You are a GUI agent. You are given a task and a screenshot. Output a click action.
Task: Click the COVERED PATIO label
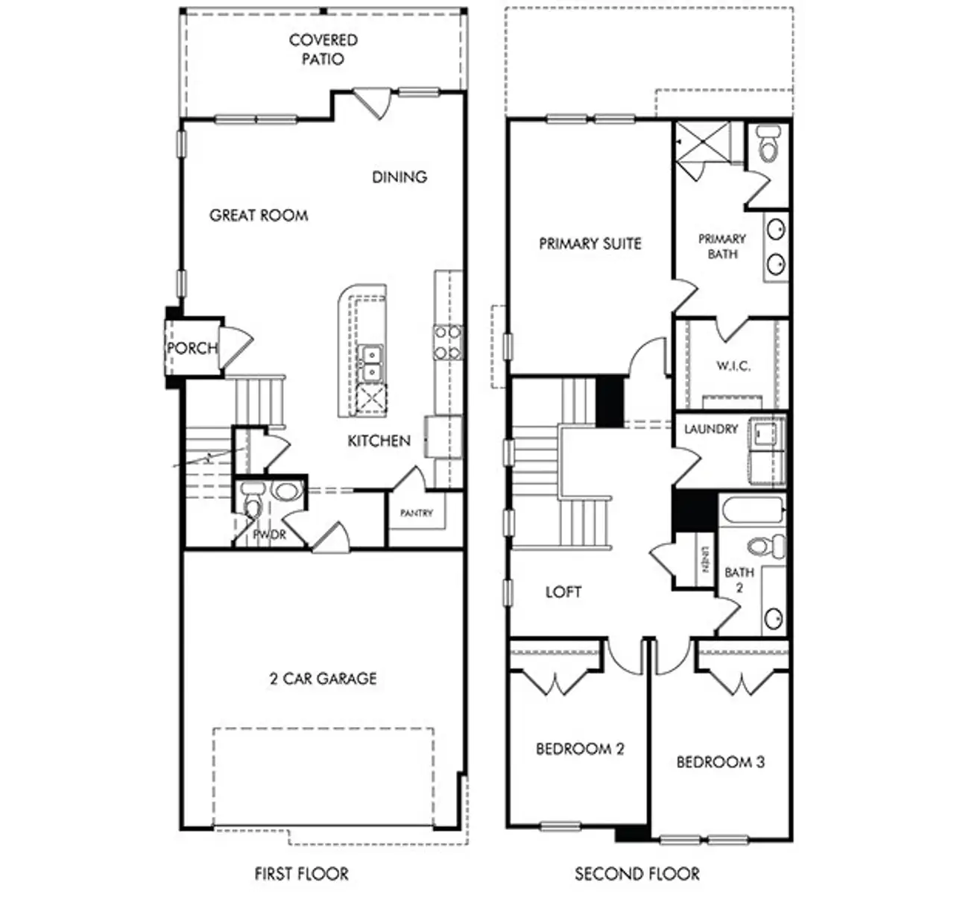coord(323,49)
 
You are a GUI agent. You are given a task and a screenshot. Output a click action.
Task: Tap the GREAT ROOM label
coord(259,215)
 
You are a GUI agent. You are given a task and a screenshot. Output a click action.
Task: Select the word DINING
coord(399,177)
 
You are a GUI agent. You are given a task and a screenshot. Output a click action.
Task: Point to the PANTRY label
coord(416,513)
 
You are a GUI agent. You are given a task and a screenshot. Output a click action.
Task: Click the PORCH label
coord(192,348)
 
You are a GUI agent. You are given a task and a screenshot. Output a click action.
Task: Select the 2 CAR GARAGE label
coord(323,679)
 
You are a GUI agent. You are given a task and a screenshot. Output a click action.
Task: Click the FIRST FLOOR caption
coord(301,873)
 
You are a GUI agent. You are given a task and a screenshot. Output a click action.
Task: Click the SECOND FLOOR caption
coord(637,873)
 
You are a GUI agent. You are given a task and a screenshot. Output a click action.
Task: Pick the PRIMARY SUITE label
coord(590,244)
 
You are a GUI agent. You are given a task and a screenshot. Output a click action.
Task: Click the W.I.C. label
coord(733,366)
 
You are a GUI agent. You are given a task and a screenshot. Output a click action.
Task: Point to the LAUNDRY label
coord(711,429)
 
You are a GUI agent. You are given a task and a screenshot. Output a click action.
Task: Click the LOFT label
coord(563,592)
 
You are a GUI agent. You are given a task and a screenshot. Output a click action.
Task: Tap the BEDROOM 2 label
coord(580,749)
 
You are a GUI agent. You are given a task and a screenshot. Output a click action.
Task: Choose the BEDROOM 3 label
coord(720,762)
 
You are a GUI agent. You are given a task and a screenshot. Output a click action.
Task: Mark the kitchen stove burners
coord(448,343)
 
